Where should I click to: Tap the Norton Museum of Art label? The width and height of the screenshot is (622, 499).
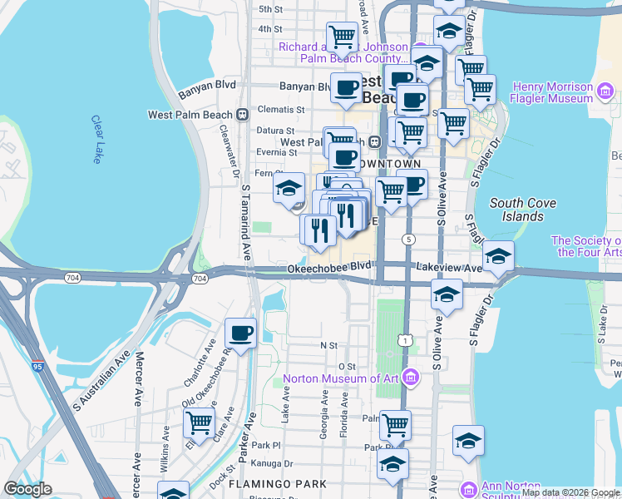coord(341,379)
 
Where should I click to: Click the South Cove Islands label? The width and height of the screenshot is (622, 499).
coord(516,210)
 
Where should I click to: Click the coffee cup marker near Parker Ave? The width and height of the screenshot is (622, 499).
coord(241,333)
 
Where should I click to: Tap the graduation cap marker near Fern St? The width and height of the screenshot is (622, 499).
coord(289,188)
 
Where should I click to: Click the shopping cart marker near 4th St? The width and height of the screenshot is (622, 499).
coord(341,37)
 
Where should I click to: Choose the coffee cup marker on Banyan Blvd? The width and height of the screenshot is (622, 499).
coord(347,87)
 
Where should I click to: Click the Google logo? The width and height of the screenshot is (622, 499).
coord(28,489)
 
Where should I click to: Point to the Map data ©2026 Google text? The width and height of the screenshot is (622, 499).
coord(570,492)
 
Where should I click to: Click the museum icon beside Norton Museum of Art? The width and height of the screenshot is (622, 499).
coord(410,379)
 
